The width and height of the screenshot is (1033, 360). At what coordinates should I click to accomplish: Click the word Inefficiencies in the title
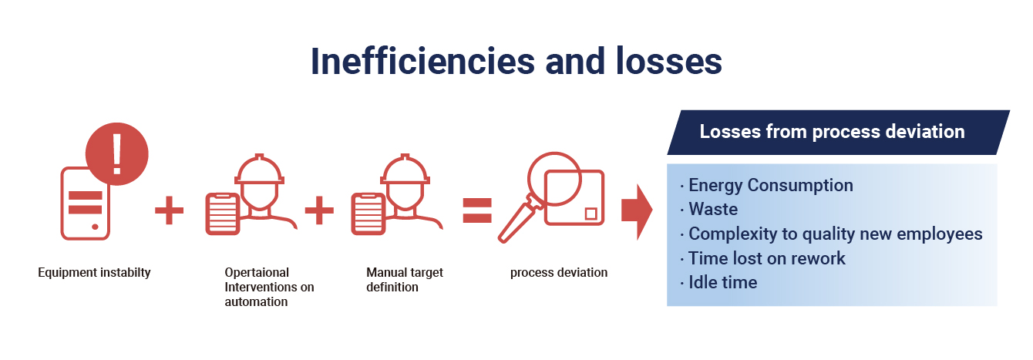(422, 62)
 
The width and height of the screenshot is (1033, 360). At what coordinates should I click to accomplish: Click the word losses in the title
(669, 62)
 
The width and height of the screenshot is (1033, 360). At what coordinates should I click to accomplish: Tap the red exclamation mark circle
(117, 154)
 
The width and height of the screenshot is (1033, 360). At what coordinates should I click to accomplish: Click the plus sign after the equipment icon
(170, 210)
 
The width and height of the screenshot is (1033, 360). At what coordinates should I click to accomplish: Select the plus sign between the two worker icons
(319, 210)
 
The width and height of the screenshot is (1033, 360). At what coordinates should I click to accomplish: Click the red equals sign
(477, 210)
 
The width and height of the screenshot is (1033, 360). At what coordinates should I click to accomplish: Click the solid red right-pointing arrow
(637, 212)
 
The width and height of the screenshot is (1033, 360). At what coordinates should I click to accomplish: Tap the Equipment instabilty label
(94, 272)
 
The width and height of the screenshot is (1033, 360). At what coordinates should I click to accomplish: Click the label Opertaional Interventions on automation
(269, 287)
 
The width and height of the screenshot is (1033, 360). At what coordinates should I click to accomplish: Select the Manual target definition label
(405, 279)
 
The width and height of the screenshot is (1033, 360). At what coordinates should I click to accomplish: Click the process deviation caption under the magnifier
(558, 272)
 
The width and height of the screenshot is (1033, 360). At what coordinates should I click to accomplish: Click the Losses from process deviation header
(832, 131)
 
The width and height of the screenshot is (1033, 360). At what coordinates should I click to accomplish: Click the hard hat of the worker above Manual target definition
(405, 170)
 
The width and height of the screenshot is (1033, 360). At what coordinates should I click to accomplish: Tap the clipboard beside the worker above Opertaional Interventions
(222, 214)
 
